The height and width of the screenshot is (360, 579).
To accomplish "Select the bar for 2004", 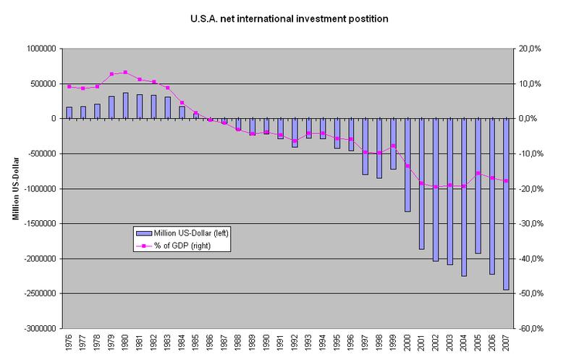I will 462,197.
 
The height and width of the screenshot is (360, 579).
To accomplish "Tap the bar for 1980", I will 125,106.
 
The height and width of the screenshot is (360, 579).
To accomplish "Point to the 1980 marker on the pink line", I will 125,72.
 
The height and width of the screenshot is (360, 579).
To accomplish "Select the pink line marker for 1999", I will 392,146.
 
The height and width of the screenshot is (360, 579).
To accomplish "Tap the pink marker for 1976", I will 69,87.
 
